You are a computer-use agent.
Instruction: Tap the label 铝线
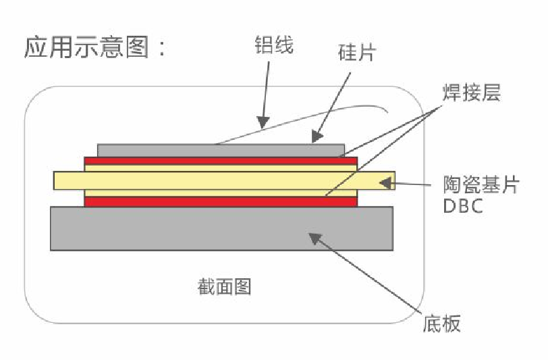coord(274,46)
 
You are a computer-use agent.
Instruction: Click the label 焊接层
coord(472,93)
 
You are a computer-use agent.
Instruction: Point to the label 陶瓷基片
coord(481,184)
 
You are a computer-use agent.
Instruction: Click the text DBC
coord(463,206)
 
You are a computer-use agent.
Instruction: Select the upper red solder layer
coord(221,161)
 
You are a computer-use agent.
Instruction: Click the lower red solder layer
coord(221,201)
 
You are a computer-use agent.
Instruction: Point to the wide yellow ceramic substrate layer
coord(223,180)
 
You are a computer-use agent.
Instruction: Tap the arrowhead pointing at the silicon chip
coord(315,138)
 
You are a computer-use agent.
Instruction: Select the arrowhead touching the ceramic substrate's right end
coord(385,181)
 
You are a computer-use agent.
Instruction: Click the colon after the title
coord(161,49)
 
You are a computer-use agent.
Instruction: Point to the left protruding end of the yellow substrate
coord(68,180)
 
